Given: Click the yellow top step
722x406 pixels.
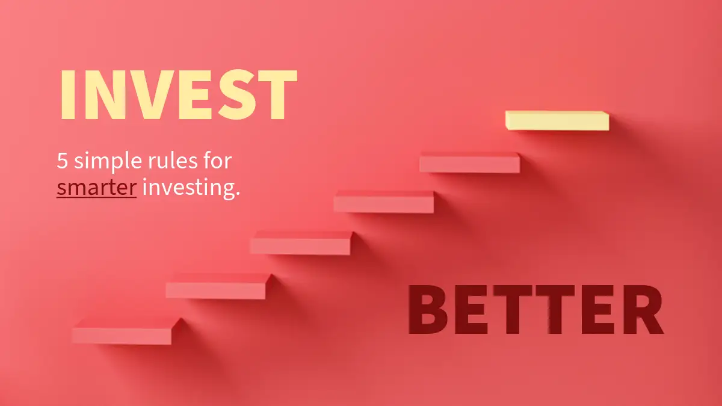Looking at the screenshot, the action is click(557, 120).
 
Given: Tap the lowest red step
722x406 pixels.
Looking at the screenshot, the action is click(126, 331).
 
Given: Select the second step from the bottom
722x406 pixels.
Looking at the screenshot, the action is click(218, 286).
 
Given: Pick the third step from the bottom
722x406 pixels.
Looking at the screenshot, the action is click(301, 242).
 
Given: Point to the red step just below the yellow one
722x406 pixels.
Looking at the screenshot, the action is click(470, 162).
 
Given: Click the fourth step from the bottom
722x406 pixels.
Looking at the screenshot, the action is click(384, 201).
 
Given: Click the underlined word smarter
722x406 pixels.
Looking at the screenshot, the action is click(97, 188).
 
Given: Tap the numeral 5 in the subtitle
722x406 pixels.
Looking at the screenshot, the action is click(62, 160).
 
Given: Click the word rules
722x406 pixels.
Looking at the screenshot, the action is click(173, 160).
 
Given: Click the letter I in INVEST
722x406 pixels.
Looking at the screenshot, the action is click(68, 94).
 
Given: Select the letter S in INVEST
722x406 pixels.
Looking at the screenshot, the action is click(238, 94).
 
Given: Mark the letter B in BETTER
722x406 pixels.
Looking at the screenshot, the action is click(428, 309).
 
